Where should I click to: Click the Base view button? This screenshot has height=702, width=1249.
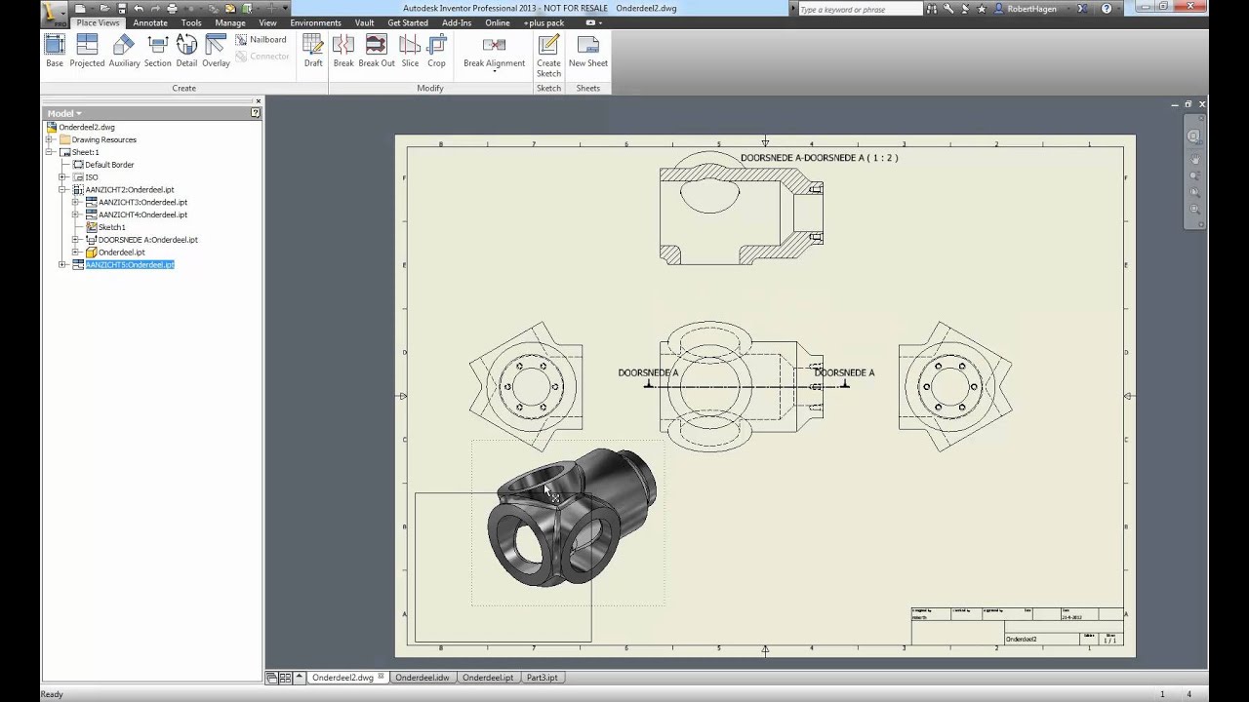pyautogui.click(x=55, y=51)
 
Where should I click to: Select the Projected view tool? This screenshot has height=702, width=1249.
pyautogui.click(x=87, y=51)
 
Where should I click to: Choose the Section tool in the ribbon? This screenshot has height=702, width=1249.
pyautogui.click(x=157, y=51)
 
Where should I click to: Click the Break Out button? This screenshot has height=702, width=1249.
pyautogui.click(x=376, y=51)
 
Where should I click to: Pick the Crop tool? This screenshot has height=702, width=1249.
pyautogui.click(x=436, y=51)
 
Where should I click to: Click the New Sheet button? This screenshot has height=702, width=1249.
pyautogui.click(x=587, y=51)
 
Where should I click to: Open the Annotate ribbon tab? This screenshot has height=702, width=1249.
pyautogui.click(x=150, y=22)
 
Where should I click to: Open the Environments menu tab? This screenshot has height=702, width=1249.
pyautogui.click(x=315, y=22)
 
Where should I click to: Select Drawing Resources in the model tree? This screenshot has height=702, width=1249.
pyautogui.click(x=103, y=139)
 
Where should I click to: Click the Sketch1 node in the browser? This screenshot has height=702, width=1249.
pyautogui.click(x=111, y=227)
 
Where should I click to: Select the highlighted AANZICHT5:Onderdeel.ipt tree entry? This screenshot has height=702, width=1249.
pyautogui.click(x=130, y=264)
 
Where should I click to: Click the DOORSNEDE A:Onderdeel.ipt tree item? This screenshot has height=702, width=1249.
pyautogui.click(x=147, y=240)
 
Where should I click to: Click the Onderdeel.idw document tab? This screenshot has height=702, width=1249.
pyautogui.click(x=422, y=678)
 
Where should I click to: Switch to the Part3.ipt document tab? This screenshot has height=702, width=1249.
pyautogui.click(x=542, y=678)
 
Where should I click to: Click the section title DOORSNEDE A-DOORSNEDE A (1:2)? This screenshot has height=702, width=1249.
pyautogui.click(x=819, y=158)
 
